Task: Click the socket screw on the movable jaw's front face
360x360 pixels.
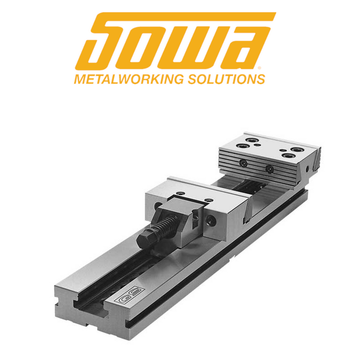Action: [212, 220]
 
